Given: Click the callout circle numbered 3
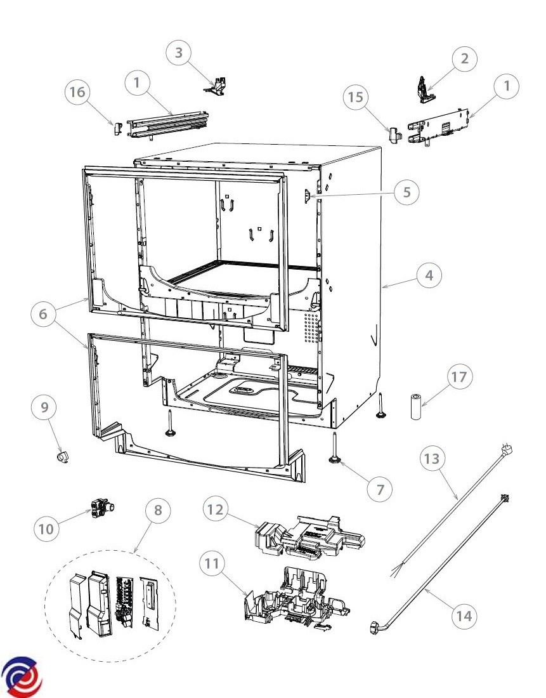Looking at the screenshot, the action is point(178,53).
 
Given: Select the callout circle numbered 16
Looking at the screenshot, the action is point(77,92).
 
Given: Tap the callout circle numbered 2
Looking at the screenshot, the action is point(465,58).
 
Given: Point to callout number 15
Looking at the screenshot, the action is point(356,96).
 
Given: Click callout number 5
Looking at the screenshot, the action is point(406,192).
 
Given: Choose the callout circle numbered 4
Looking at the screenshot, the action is point(429,275).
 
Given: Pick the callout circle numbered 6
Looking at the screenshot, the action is point(43,314).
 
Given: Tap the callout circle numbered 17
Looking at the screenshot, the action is point(459,376).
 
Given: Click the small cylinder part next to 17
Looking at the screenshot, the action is point(415,407).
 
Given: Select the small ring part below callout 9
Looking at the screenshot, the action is point(62,456).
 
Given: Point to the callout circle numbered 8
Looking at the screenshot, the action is point(158,510).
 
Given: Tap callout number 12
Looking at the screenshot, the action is point(216,510).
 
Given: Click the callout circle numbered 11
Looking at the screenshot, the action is point(212,563).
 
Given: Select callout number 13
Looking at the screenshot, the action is point(432,459).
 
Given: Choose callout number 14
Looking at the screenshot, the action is point(464,616).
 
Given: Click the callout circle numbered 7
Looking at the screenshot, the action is point(380,490).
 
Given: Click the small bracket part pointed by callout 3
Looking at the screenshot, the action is point(216,86).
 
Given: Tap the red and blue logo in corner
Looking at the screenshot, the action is point(22,676).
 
